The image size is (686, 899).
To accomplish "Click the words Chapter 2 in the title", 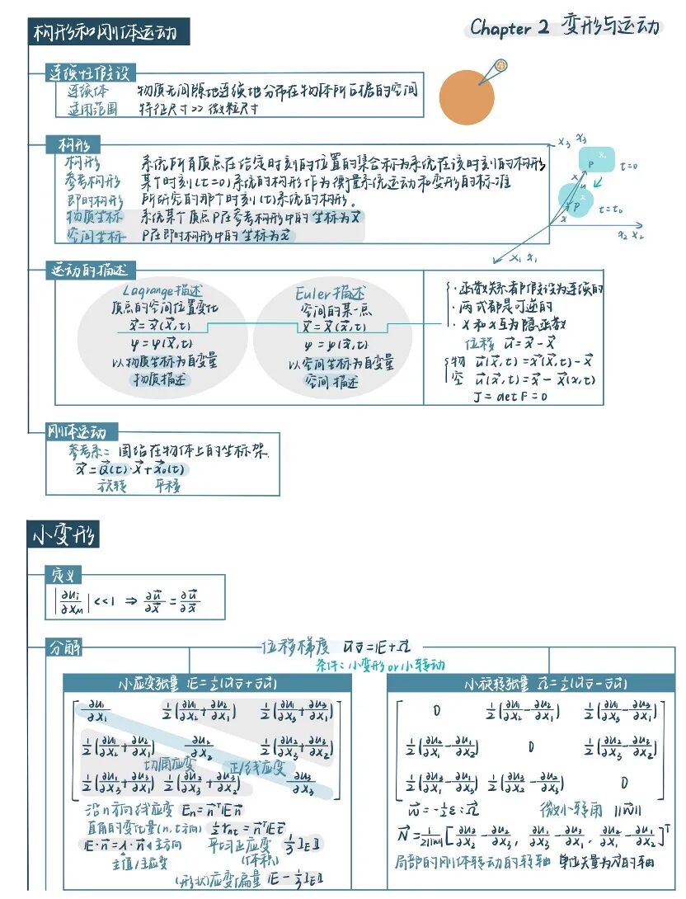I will point(509,27).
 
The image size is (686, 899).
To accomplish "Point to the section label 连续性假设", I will point(90,73).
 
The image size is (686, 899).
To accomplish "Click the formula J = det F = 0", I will point(510,396).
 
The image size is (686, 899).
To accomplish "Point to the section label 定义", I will point(63,574).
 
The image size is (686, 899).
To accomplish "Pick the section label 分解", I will point(63,647).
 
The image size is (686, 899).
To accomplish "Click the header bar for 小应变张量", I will point(202,684).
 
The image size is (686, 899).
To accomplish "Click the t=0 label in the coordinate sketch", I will point(631,167).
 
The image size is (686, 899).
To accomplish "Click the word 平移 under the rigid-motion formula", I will point(167,486).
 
